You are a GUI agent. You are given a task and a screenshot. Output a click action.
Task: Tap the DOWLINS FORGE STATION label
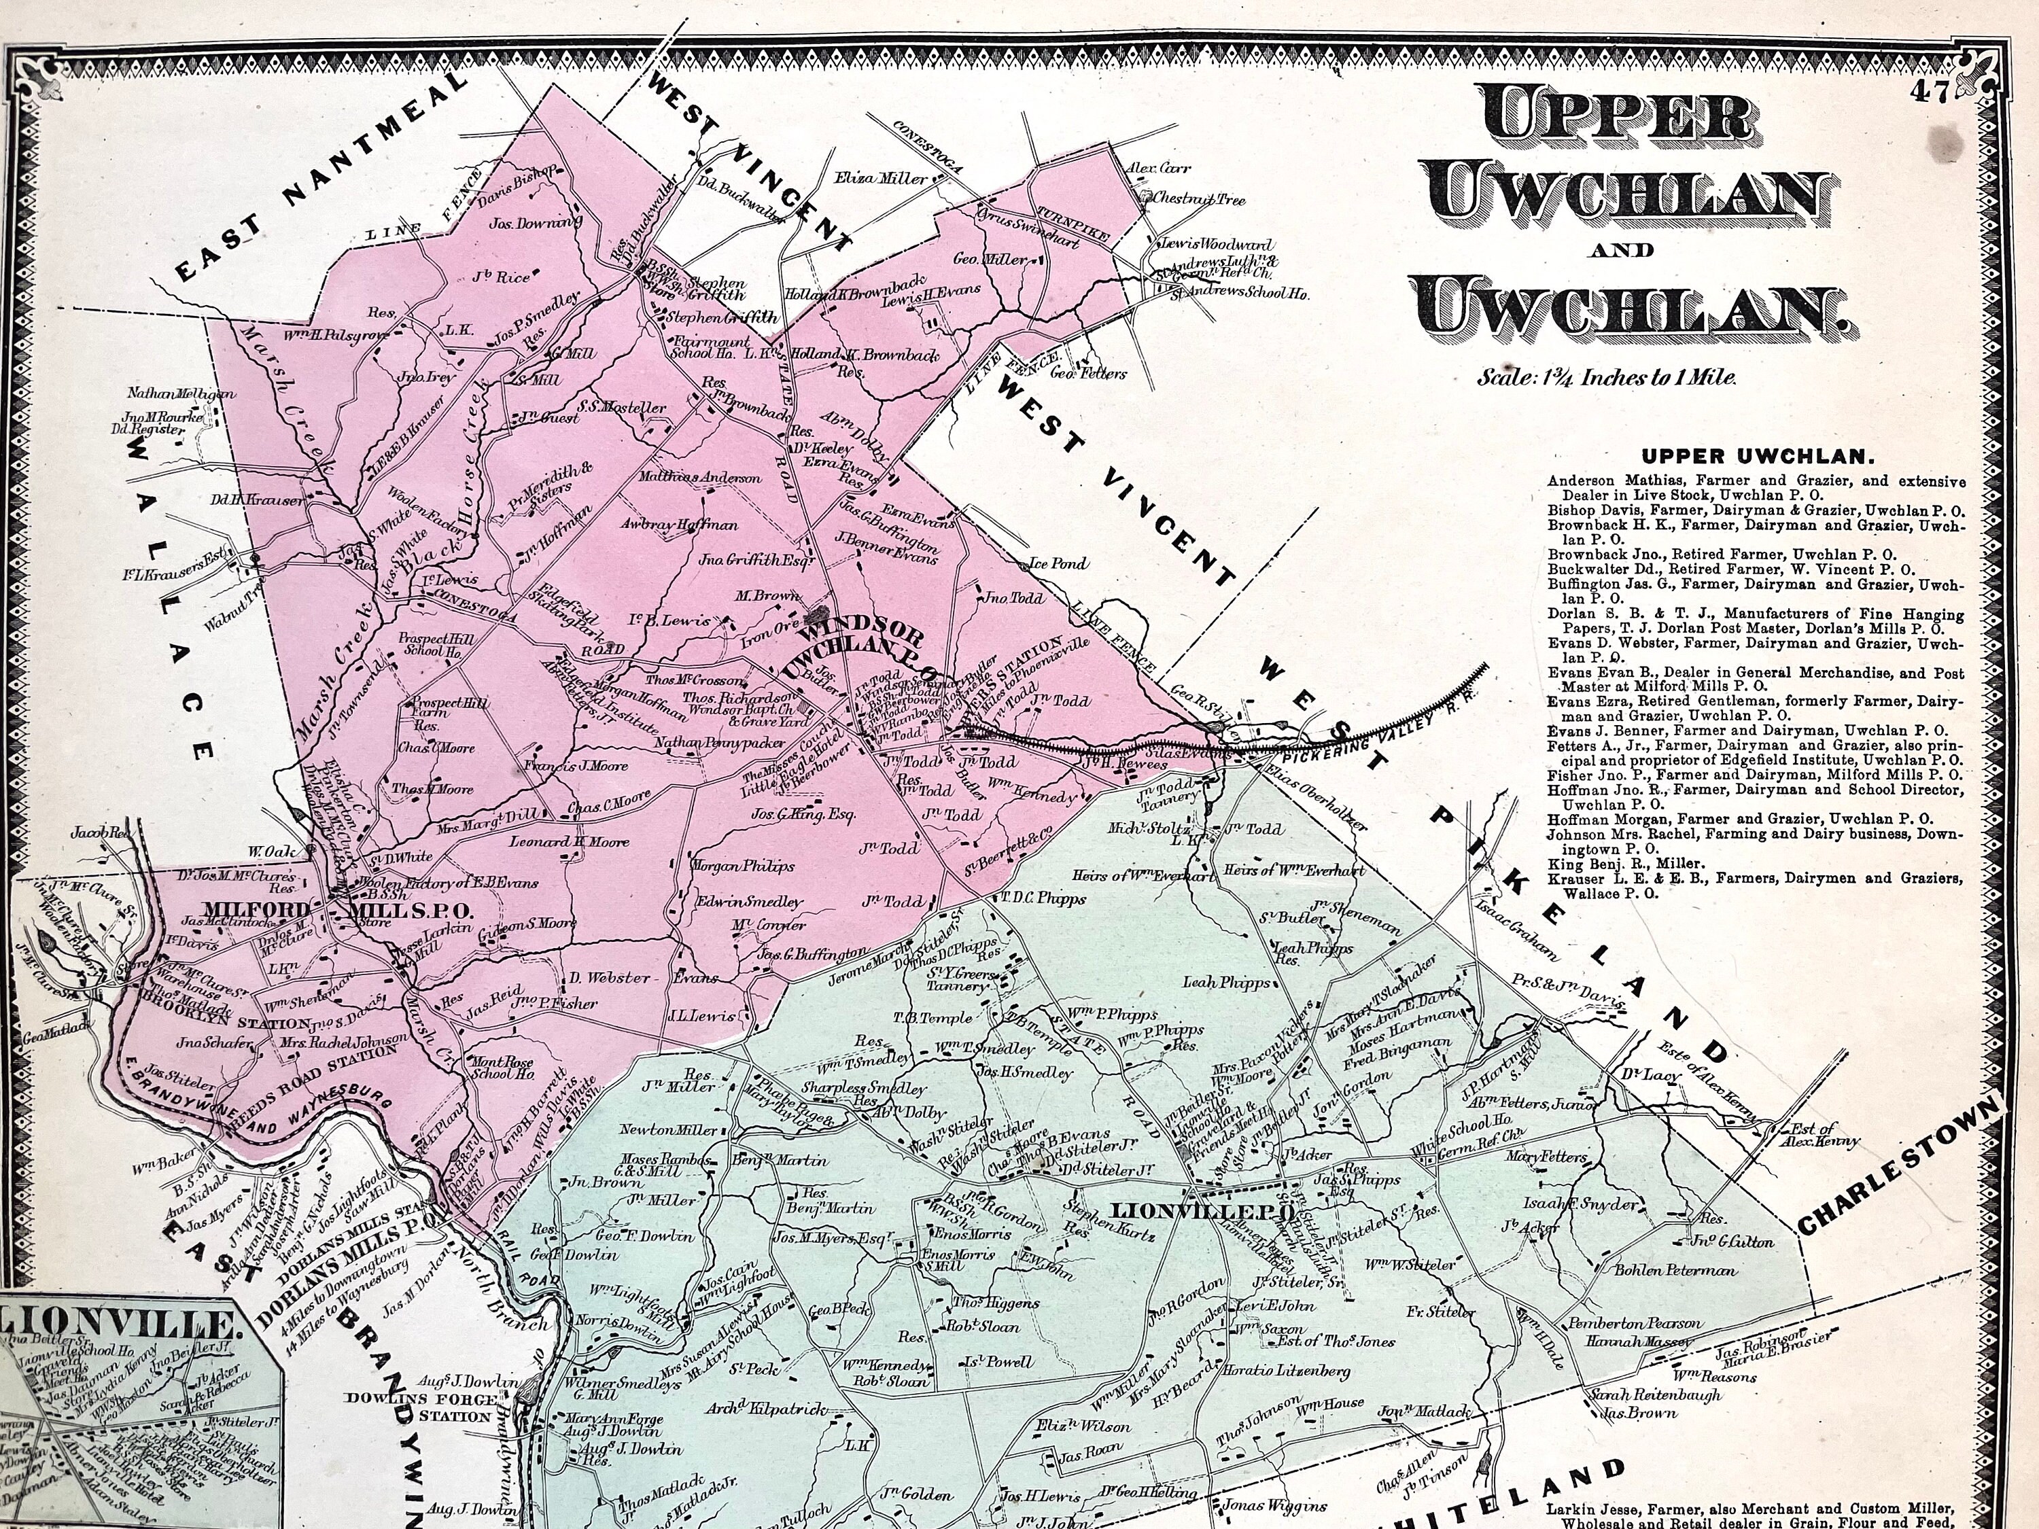420,1407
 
